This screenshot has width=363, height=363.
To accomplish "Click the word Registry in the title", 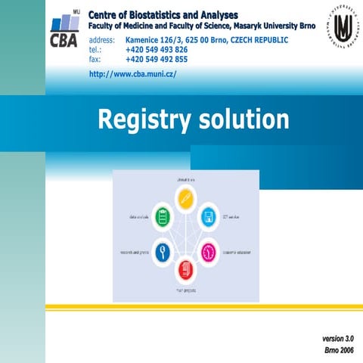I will click(144, 120).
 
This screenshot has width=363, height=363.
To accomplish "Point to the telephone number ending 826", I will click(157, 49).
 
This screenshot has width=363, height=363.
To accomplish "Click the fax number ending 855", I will click(157, 59).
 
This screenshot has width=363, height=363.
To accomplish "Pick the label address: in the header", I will click(102, 39).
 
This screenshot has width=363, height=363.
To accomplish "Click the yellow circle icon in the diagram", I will click(185, 199).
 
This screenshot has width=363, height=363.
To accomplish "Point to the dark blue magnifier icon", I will click(161, 251).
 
